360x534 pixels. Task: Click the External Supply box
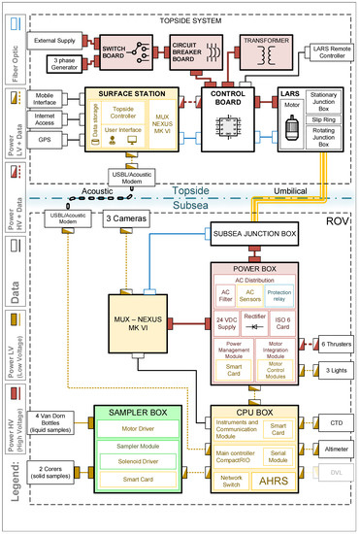pos(55,40)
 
